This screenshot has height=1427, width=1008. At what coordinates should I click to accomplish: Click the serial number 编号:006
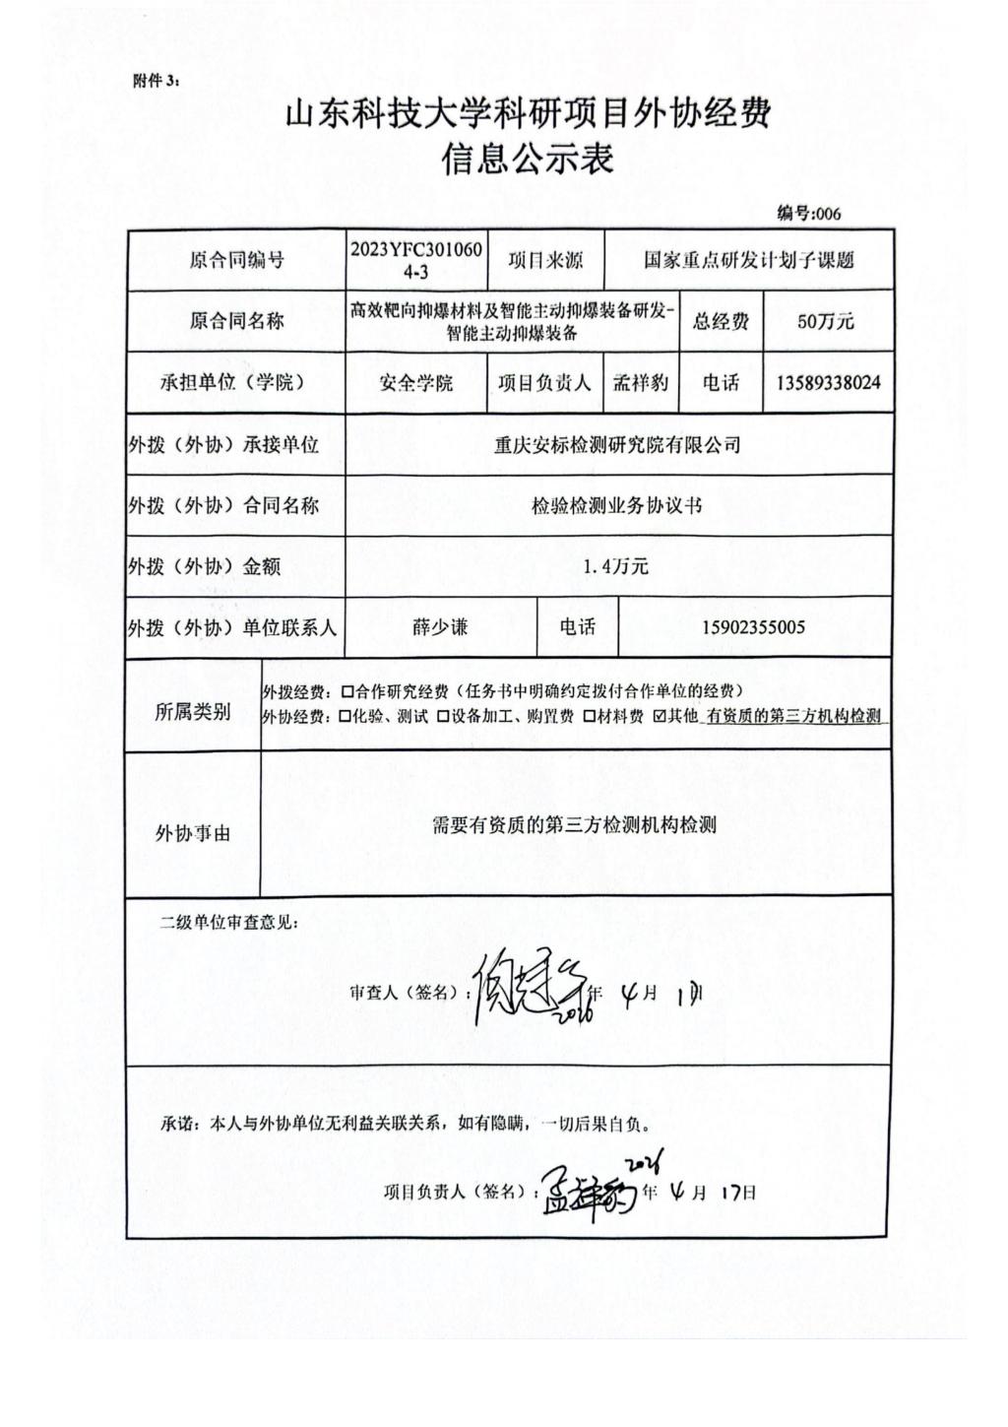pyautogui.click(x=808, y=214)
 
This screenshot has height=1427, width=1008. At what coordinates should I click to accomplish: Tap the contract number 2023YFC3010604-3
pyautogui.click(x=415, y=260)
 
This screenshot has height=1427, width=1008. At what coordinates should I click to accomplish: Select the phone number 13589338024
pyautogui.click(x=828, y=382)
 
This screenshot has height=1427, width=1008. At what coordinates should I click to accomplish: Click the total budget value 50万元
pyautogui.click(x=825, y=321)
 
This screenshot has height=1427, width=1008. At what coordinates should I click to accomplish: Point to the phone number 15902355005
pyautogui.click(x=754, y=627)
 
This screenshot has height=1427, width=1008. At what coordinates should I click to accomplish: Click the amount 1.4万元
pyautogui.click(x=616, y=565)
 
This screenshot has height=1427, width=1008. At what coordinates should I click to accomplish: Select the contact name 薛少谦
pyautogui.click(x=440, y=626)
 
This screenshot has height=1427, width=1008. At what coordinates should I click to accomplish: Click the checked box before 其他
pyautogui.click(x=660, y=717)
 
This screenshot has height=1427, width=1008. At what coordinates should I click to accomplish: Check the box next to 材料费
pyautogui.click(x=588, y=717)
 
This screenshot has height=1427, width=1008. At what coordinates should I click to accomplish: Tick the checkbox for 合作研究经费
pyautogui.click(x=346, y=691)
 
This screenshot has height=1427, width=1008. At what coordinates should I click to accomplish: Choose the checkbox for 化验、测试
pyautogui.click(x=344, y=717)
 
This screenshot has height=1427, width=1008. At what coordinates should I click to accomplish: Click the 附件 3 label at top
pyautogui.click(x=156, y=81)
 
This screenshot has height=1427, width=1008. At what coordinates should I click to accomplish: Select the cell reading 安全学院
pyautogui.click(x=415, y=383)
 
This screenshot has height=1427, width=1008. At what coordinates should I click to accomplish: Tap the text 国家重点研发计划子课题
pyautogui.click(x=748, y=260)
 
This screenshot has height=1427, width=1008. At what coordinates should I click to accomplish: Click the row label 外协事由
pyautogui.click(x=193, y=833)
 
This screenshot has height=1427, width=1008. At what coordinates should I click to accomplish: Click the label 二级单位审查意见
pyautogui.click(x=228, y=923)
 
